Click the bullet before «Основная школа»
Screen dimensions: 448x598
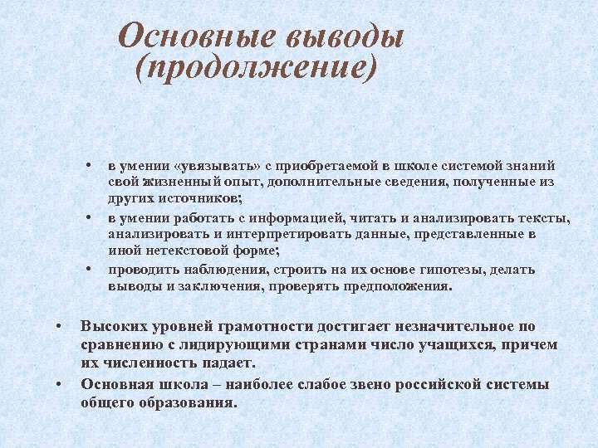tap(59, 384)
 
